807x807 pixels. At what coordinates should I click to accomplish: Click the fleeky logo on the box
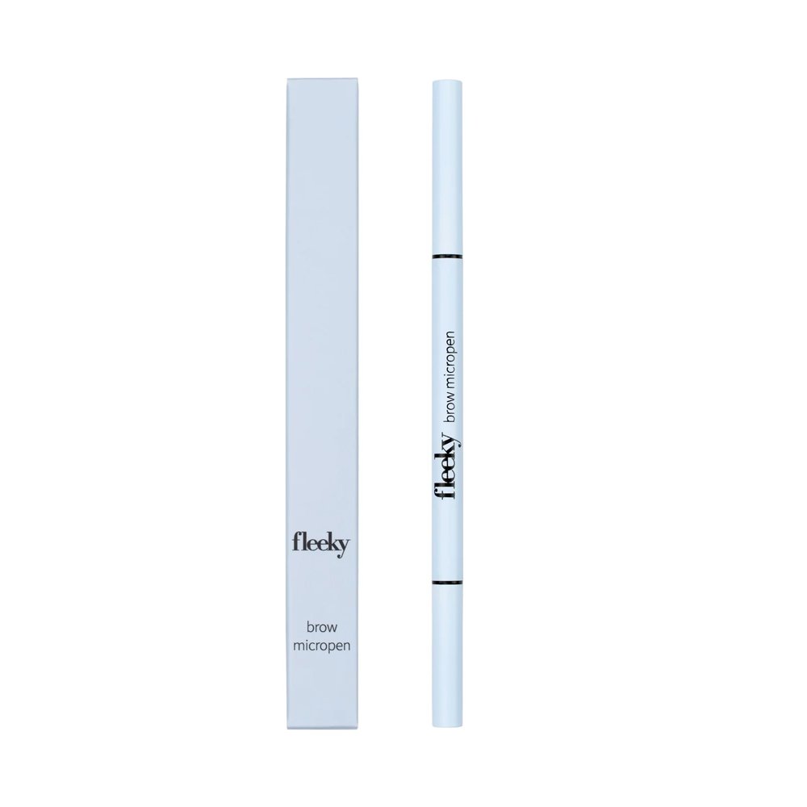[321, 545]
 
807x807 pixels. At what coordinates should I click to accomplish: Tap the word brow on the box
[322, 627]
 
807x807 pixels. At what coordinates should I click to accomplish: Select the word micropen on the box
[322, 646]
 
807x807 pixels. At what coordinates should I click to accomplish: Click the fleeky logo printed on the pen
[447, 467]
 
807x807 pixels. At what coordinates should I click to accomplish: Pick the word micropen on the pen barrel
[448, 360]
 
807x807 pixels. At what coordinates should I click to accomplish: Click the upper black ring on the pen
[447, 256]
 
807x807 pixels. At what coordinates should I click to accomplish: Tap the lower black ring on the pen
[447, 583]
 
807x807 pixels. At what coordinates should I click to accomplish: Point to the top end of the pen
[447, 80]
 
